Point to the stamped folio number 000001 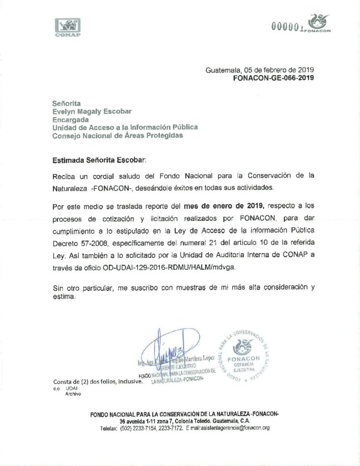[x=287, y=27]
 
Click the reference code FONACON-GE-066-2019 [x=273, y=78]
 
